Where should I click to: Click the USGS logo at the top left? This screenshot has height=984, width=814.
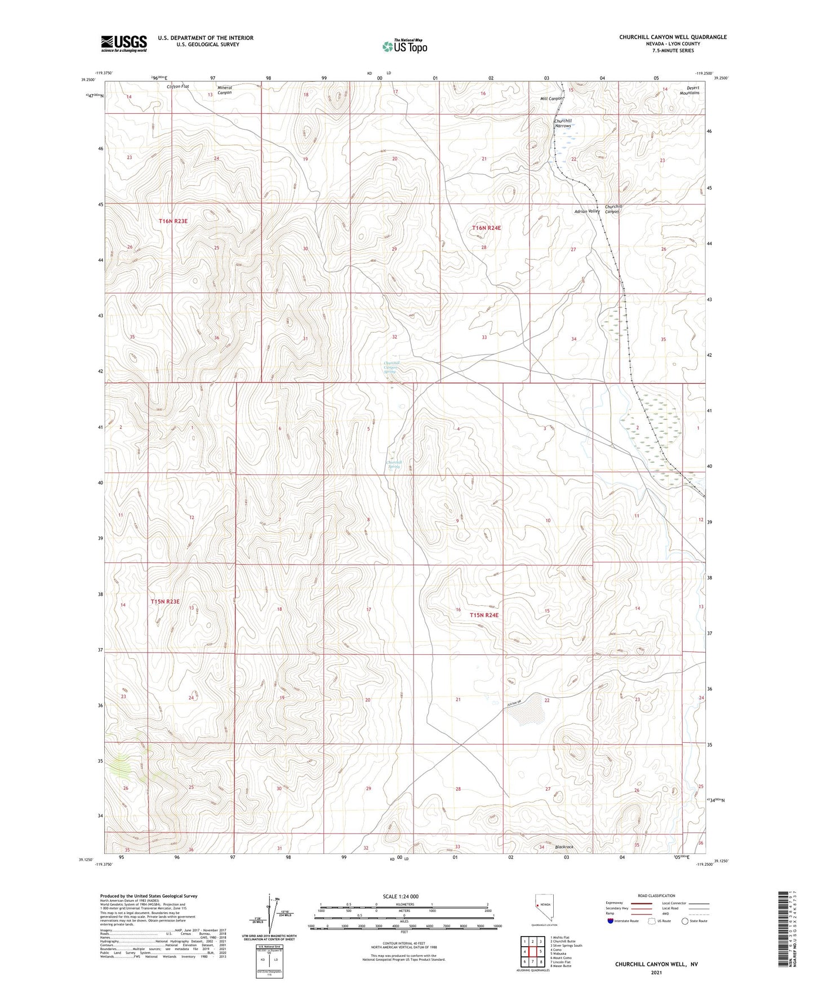[x=124, y=43]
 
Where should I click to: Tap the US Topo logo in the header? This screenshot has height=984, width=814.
[x=404, y=46]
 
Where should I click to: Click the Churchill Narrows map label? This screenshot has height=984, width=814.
[x=563, y=123]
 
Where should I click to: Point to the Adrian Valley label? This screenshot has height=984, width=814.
[x=587, y=211]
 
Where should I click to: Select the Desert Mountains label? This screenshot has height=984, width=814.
[x=689, y=90]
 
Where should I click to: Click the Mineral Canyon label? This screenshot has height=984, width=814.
[x=225, y=90]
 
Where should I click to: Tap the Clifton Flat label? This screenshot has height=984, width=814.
[x=178, y=87]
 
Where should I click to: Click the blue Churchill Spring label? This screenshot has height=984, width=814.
[x=394, y=464]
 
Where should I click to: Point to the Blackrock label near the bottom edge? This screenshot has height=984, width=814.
[x=564, y=847]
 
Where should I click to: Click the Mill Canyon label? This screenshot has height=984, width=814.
[x=552, y=99]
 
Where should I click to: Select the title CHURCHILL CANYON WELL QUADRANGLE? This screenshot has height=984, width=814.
[x=673, y=37]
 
